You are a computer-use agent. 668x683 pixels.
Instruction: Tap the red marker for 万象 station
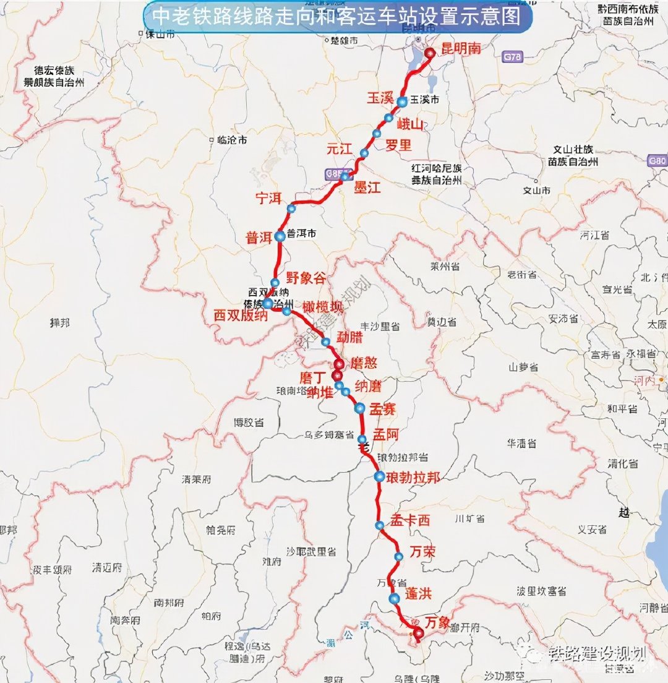click(418, 632)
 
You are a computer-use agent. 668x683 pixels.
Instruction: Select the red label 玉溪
click(380, 99)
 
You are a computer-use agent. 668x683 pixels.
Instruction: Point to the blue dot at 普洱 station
click(280, 236)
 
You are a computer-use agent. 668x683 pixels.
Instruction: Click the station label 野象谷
click(305, 278)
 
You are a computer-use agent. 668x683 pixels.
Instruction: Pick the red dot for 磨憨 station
click(339, 364)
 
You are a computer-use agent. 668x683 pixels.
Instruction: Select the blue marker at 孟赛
click(359, 408)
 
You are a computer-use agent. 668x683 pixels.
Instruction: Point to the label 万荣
click(422, 552)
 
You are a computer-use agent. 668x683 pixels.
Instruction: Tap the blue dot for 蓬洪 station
click(394, 598)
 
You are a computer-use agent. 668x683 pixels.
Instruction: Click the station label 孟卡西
click(409, 521)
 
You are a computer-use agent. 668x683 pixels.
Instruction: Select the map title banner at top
click(337, 18)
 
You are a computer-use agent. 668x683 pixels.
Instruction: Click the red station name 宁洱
click(268, 199)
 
